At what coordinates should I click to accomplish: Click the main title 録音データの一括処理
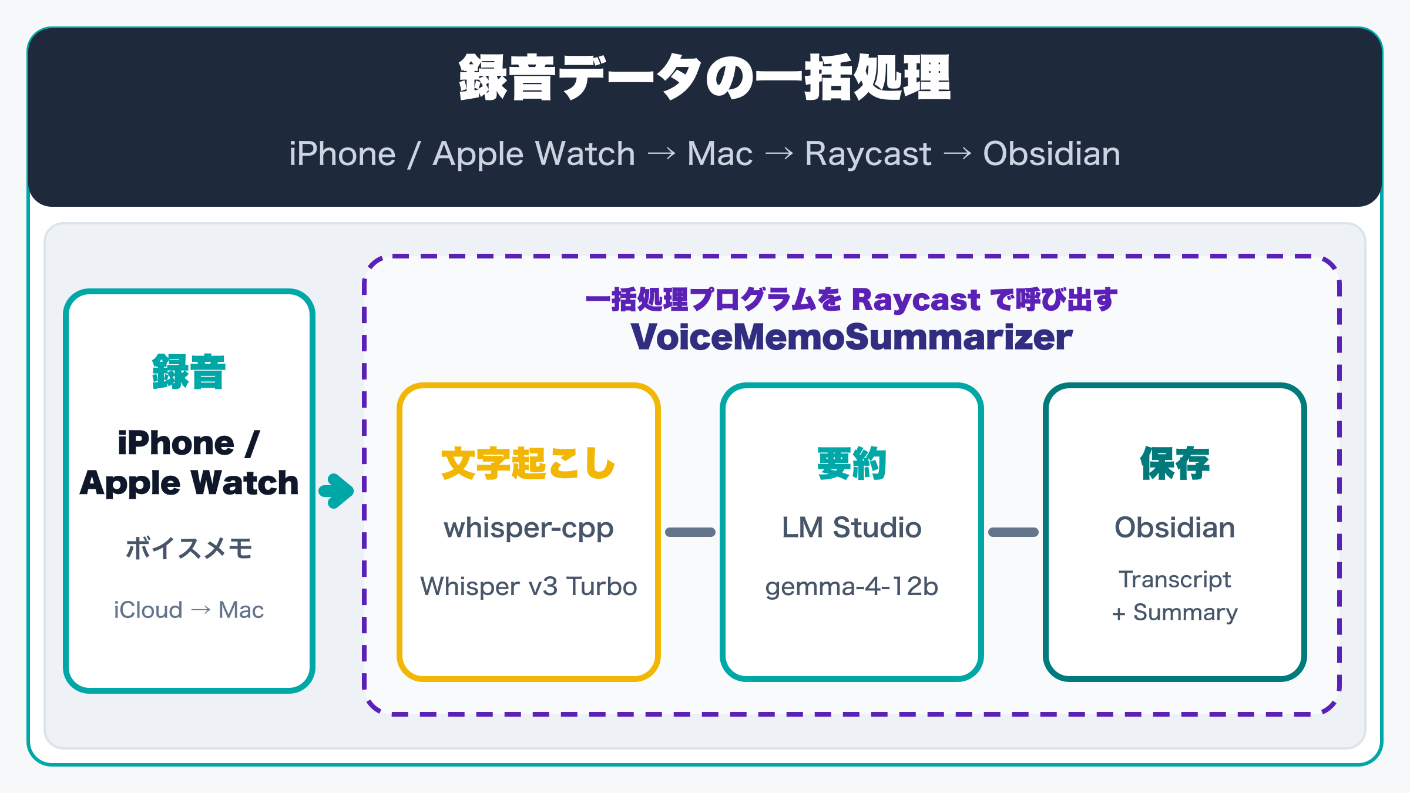click(x=705, y=78)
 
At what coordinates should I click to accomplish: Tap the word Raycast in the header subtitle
click(x=868, y=154)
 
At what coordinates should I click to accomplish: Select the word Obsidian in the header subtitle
click(x=1052, y=154)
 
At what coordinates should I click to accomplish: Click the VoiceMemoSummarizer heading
click(x=852, y=337)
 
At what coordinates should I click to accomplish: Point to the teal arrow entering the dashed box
click(x=337, y=490)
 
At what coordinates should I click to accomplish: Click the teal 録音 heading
click(x=189, y=372)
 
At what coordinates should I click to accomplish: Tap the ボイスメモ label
click(x=189, y=548)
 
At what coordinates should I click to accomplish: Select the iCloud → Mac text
click(x=189, y=610)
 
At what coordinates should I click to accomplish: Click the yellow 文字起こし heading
click(x=528, y=463)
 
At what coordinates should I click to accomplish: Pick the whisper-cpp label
click(x=529, y=528)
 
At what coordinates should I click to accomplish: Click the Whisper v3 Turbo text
click(x=529, y=586)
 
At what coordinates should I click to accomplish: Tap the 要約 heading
click(x=852, y=463)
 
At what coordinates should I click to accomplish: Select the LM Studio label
click(x=852, y=527)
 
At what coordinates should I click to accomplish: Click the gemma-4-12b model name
click(x=852, y=587)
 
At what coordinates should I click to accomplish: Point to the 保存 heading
click(x=1175, y=463)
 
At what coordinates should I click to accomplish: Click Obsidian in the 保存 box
click(x=1175, y=527)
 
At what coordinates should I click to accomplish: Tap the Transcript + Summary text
click(x=1175, y=596)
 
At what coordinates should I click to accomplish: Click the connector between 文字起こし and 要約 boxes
click(x=690, y=532)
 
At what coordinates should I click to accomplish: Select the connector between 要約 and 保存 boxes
click(x=1013, y=532)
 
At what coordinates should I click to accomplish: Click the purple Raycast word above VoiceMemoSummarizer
click(x=916, y=300)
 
